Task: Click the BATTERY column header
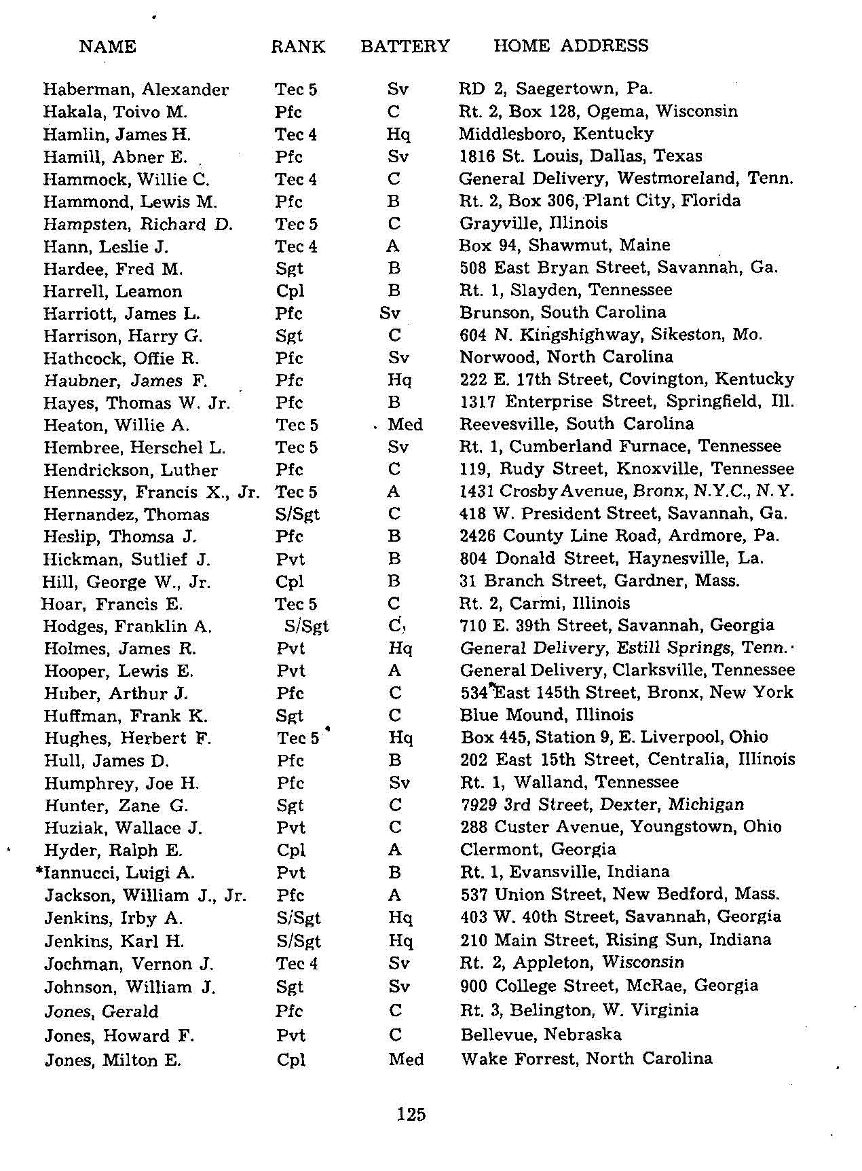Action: [x=405, y=46]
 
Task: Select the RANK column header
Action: [x=298, y=46]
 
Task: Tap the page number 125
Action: [x=411, y=1114]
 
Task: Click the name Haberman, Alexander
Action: [x=136, y=90]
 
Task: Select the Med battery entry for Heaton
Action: [x=405, y=425]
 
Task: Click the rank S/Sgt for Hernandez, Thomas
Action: [x=297, y=515]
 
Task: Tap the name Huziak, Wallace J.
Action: [x=123, y=828]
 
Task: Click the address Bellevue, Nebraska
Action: [x=541, y=1035]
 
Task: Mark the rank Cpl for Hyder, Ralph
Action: [x=291, y=851]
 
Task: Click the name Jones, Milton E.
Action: [x=113, y=1060]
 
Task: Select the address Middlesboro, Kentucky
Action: [x=556, y=134]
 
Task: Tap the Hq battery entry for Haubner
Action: [x=399, y=380]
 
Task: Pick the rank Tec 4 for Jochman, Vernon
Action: [x=297, y=964]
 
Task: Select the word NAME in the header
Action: [x=107, y=46]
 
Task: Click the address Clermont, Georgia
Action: [x=538, y=849]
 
